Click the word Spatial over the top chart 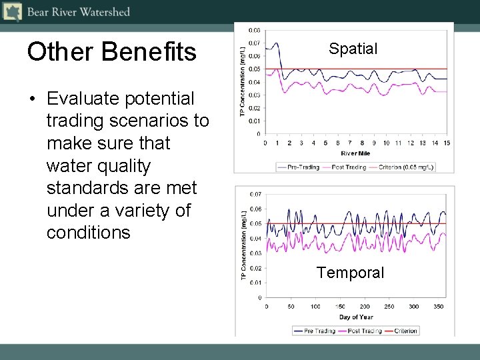click(x=353, y=49)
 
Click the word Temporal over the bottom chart click(x=350, y=273)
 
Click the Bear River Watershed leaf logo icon click(x=12, y=11)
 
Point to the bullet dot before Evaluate click(x=31, y=99)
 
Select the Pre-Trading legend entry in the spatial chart click(x=299, y=167)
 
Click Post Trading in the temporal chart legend click(x=363, y=331)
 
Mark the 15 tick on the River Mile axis click(x=446, y=143)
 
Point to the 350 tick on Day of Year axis click(x=438, y=307)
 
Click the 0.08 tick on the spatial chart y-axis click(x=255, y=30)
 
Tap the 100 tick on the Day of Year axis click(x=315, y=307)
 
